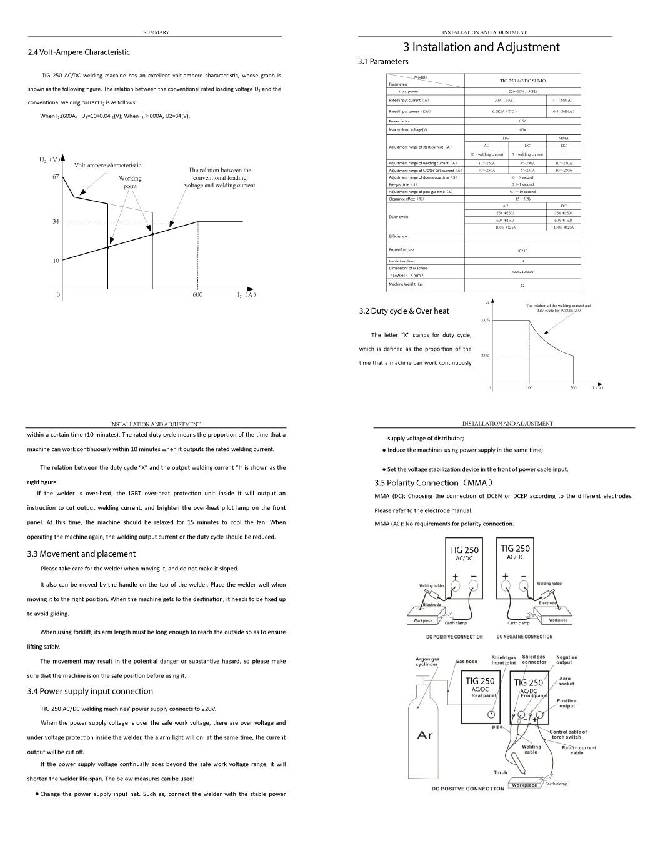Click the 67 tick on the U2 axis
[x=56, y=177]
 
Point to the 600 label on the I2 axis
[x=197, y=295]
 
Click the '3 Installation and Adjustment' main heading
[x=481, y=47]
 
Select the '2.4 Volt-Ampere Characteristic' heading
[x=79, y=52]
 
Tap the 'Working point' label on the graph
[x=130, y=182]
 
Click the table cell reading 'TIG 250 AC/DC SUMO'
[x=522, y=81]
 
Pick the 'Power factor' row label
[x=399, y=121]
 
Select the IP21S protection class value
[x=522, y=250]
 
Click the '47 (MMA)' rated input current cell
[x=562, y=100]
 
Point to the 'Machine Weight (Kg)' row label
[x=406, y=284]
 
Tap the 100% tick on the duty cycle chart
[x=485, y=320]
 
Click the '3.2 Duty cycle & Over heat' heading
[x=404, y=311]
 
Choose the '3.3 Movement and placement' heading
[x=81, y=554]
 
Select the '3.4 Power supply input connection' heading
[x=90, y=691]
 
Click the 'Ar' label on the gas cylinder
[x=425, y=735]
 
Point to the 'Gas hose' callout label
[x=466, y=661]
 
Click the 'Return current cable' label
[x=579, y=750]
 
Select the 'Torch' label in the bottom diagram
[x=501, y=772]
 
